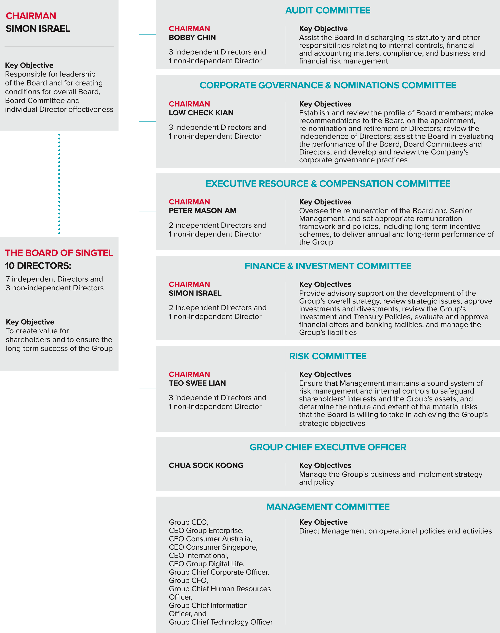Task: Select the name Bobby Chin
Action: tap(192, 38)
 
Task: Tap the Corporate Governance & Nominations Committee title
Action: tap(328, 85)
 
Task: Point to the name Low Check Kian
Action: tap(201, 113)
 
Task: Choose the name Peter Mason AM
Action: tap(203, 211)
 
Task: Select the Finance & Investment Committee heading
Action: tap(328, 266)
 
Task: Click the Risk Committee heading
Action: tap(328, 356)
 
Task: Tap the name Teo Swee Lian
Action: tap(197, 383)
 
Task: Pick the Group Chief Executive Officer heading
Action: tap(328, 447)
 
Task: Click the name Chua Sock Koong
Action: tap(206, 465)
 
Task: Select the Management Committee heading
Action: tap(328, 507)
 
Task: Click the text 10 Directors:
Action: tap(38, 266)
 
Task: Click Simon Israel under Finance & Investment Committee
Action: tap(195, 293)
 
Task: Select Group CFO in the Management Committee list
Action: tap(188, 580)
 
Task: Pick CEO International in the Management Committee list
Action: tap(198, 555)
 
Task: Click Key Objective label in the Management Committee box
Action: tap(323, 522)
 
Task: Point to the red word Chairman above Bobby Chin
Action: tap(189, 29)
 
